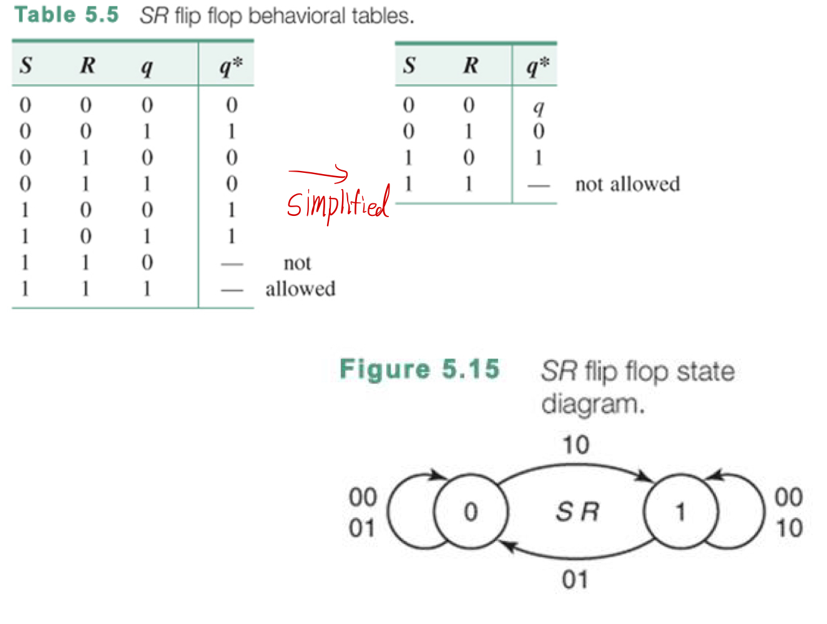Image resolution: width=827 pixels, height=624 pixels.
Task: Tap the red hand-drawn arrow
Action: point(318,174)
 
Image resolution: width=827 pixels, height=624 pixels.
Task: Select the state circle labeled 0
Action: point(471,512)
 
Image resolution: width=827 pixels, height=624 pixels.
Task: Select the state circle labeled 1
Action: point(680,512)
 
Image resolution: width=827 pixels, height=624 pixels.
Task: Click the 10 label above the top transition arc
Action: point(575,445)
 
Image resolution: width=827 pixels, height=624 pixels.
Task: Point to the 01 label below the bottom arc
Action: point(575,580)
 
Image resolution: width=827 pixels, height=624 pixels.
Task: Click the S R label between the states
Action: point(577,512)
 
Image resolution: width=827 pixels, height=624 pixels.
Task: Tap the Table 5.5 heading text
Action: point(66,14)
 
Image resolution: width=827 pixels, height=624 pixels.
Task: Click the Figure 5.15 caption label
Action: point(419,369)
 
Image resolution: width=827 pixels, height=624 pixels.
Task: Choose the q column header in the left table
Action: point(147,66)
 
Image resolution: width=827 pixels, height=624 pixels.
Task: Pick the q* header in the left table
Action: point(230,66)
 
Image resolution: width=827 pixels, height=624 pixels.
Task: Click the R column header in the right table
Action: point(471,65)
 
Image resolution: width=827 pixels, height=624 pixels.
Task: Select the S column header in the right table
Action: point(409,65)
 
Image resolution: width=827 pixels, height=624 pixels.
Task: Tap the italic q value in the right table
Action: point(539,107)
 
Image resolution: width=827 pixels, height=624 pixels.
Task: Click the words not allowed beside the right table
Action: point(627,184)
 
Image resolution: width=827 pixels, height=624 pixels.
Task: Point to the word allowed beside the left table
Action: point(300,288)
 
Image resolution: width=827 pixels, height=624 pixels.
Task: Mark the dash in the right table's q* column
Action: point(539,185)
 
